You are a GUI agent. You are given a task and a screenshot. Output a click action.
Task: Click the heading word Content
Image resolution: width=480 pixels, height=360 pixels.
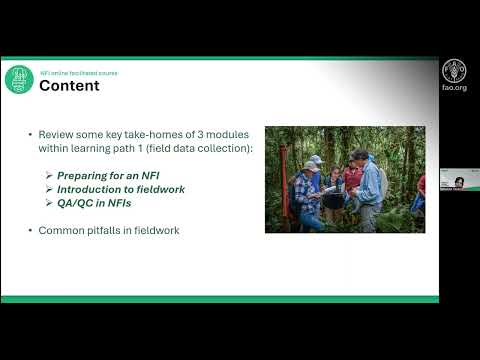pos(69,86)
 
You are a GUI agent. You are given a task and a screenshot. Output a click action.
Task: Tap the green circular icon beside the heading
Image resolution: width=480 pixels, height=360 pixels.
pos(19,79)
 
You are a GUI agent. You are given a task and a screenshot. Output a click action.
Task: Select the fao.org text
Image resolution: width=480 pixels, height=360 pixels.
pos(453,89)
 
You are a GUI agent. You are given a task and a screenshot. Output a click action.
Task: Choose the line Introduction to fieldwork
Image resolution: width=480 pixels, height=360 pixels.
pos(113,188)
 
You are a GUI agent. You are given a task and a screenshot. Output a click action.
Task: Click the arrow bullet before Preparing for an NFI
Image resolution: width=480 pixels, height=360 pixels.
pos(49,174)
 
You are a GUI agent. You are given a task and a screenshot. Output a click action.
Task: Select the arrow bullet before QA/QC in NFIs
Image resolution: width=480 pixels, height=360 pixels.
pos(49,202)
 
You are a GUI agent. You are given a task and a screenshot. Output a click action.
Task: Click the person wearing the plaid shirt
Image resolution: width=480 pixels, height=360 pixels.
pos(306,195)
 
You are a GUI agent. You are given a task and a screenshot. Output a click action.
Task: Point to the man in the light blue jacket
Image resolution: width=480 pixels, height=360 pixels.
pos(369,185)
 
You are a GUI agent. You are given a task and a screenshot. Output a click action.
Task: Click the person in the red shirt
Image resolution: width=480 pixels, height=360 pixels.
pos(351,181)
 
